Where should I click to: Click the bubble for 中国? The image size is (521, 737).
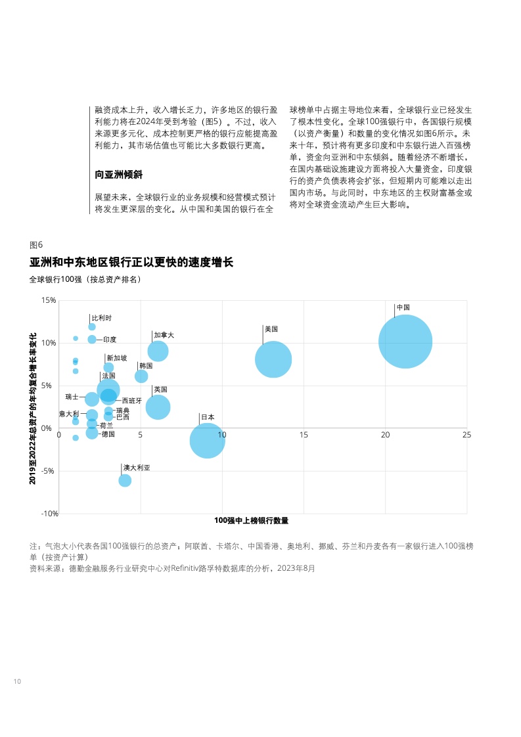(405, 342)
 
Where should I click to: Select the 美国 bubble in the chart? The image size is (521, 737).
(273, 359)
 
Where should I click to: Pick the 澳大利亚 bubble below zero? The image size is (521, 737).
(125, 480)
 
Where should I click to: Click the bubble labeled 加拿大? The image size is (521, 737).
(158, 351)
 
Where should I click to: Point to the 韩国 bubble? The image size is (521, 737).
(141, 376)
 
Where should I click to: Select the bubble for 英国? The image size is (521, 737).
(158, 407)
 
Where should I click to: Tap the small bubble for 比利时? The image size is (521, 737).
(92, 326)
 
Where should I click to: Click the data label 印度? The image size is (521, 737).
(110, 340)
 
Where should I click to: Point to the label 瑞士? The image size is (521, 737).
(72, 397)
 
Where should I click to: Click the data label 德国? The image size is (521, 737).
(108, 434)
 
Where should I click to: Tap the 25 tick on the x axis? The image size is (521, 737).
(466, 435)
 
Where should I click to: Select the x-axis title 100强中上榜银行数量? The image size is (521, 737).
(252, 521)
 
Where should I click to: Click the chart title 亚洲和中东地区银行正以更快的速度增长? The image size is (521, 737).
(131, 263)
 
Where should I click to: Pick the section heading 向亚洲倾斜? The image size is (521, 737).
(119, 175)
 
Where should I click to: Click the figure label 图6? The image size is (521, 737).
(36, 244)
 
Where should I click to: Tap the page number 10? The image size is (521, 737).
(18, 681)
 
